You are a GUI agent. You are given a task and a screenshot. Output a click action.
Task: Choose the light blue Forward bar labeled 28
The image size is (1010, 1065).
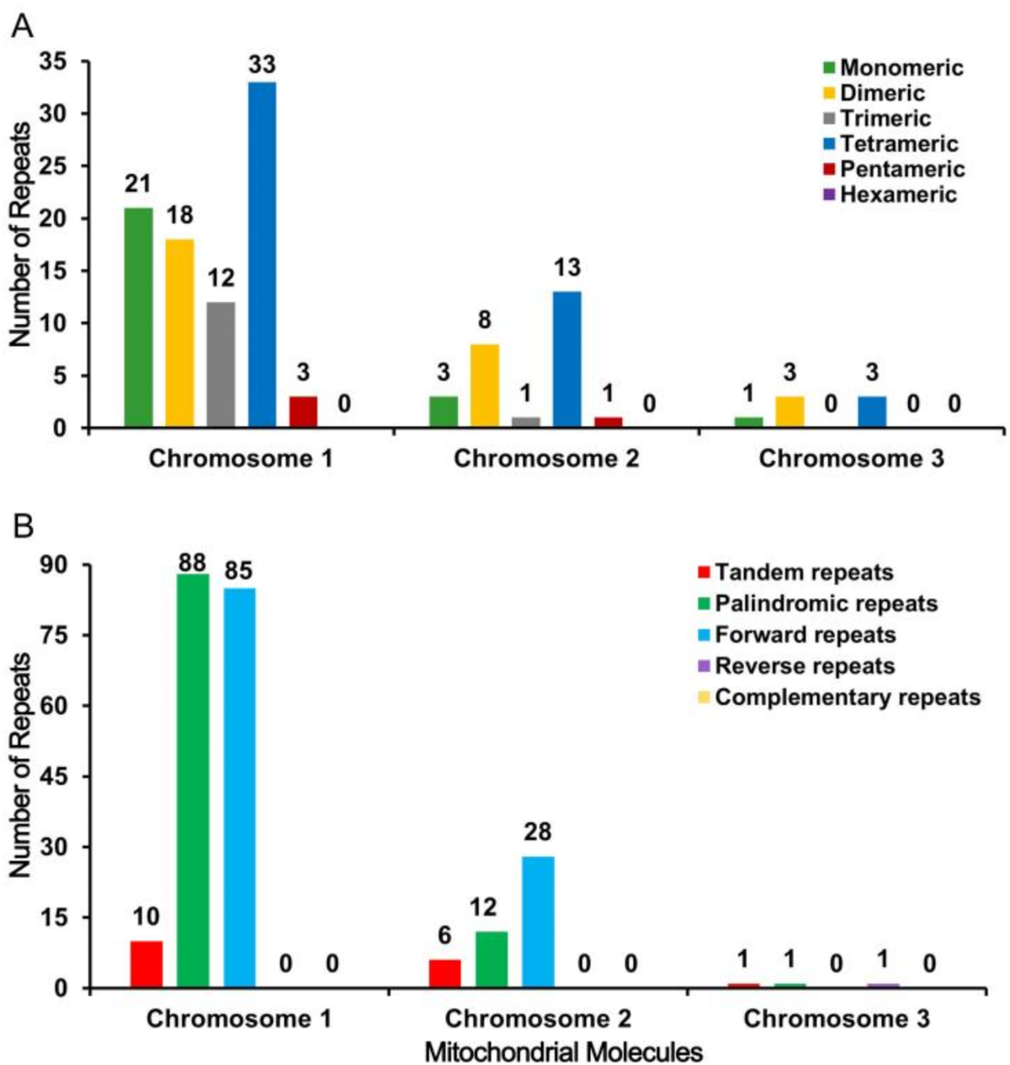point(538,922)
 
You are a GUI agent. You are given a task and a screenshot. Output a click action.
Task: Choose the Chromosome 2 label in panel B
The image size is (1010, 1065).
point(538,1019)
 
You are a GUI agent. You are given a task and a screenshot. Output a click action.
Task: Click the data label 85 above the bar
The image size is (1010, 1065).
point(239,571)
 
